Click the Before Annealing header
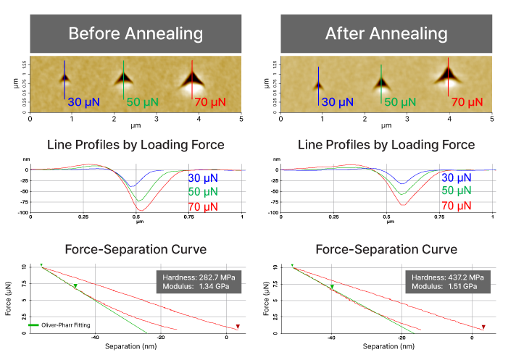tap(136, 34)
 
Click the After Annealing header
tap(386, 34)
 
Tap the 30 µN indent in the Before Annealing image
tap(65, 76)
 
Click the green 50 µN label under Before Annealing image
tap(143, 102)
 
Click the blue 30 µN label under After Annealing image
tap(337, 102)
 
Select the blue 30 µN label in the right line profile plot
tap(457, 177)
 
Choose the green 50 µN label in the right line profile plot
tap(457, 191)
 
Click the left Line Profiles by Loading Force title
tap(136, 145)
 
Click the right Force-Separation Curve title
tap(386, 249)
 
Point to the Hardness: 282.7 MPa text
tap(198, 277)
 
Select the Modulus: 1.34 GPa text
tap(198, 287)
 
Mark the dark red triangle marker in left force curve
tap(238, 327)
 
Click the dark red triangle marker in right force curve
tap(484, 327)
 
